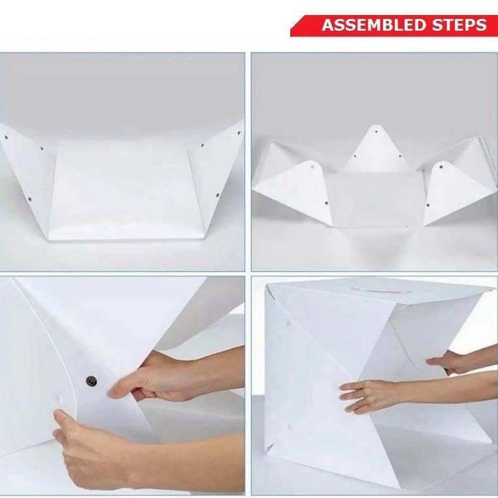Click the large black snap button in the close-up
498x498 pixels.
coord(91,380)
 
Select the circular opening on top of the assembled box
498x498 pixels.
coord(381,289)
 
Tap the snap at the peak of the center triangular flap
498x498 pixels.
coord(376,131)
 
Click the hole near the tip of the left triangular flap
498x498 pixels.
coord(312,167)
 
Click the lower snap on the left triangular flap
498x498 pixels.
coord(327,203)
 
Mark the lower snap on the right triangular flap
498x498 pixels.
coord(428,205)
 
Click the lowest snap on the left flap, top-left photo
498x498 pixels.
coord(29,199)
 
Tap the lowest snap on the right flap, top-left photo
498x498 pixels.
coord(218,195)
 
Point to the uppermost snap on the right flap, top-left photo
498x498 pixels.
coord(239,133)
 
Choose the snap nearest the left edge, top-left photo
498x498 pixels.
coord(6,137)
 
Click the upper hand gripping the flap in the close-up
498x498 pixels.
coord(159,378)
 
